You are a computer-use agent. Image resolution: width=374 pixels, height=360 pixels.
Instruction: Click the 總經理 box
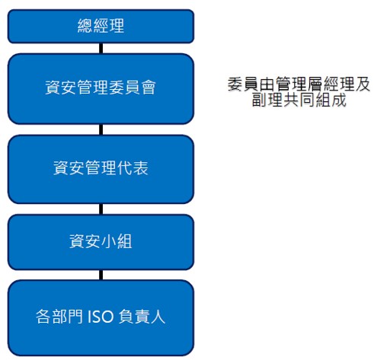[101, 26]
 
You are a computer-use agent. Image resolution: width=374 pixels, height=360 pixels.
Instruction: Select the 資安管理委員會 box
[101, 89]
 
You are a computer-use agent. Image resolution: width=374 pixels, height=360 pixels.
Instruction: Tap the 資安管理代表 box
[101, 169]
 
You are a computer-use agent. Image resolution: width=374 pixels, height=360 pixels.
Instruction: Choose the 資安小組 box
[101, 242]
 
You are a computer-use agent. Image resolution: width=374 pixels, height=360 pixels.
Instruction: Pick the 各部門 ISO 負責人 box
[101, 318]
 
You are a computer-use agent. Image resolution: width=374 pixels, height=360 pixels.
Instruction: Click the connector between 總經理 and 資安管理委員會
[101, 48]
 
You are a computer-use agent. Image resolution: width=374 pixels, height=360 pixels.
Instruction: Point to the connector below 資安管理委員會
[101, 129]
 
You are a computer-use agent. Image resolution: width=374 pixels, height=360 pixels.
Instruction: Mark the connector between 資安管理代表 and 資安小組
[101, 209]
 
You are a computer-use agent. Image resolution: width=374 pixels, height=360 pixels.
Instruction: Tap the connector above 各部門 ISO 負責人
[101, 275]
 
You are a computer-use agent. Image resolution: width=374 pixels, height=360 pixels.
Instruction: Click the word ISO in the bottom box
[101, 317]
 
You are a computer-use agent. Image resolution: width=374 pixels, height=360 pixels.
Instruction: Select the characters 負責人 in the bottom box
[142, 317]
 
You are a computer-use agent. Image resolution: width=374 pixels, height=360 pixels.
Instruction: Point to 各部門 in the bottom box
[59, 317]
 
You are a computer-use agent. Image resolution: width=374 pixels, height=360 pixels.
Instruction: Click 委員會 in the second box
[132, 88]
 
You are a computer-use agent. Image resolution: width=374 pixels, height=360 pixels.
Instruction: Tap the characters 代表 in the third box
[133, 167]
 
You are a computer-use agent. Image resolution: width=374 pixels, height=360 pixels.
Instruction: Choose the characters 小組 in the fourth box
[117, 241]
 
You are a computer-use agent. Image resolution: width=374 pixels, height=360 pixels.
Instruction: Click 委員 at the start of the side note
[243, 84]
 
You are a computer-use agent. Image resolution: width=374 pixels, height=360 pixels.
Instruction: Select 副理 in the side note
[267, 100]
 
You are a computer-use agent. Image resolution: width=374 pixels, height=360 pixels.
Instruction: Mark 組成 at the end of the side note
[331, 100]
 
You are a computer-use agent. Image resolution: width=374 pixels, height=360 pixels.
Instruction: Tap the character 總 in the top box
[85, 26]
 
